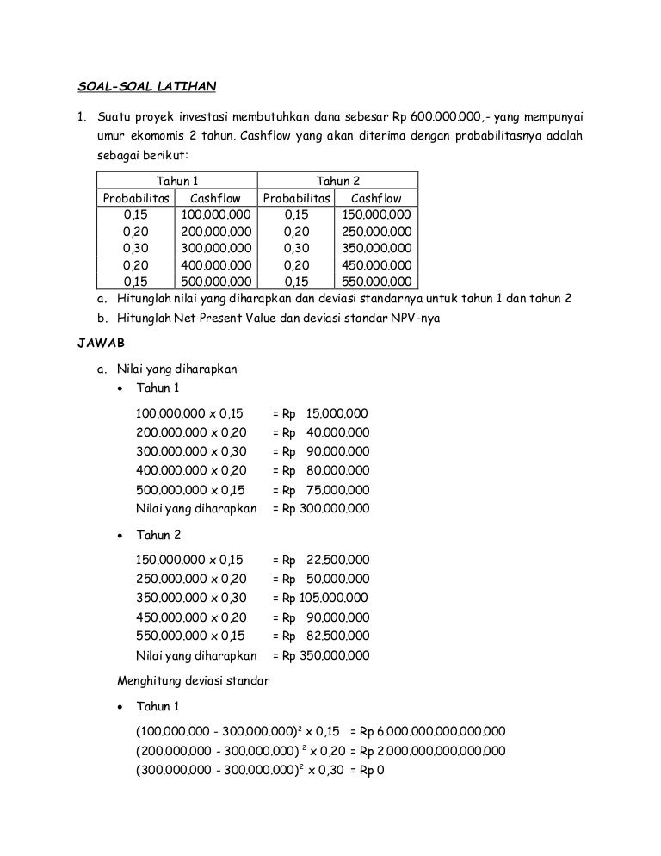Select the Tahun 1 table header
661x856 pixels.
coord(177,181)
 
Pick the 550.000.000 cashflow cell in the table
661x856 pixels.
coord(376,281)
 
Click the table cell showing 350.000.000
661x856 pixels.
coord(376,248)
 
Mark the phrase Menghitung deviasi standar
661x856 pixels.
coord(194,680)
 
